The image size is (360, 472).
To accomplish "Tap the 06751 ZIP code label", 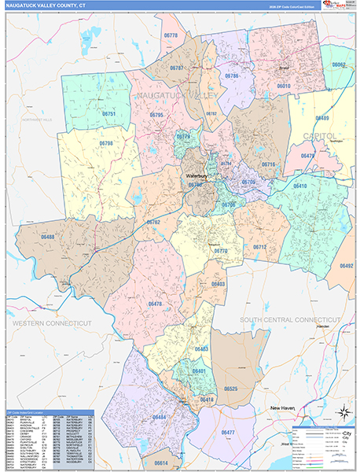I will click(x=108, y=114).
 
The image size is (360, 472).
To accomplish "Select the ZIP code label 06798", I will click(x=106, y=143).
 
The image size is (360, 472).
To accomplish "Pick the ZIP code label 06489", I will click(x=322, y=118).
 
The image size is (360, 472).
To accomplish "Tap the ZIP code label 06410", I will click(x=300, y=186).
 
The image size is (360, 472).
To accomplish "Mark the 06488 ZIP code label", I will click(x=49, y=237).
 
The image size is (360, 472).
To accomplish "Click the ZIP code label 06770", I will click(x=221, y=251).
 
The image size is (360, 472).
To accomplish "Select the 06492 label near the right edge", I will click(x=346, y=266).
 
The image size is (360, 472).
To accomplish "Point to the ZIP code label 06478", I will click(x=154, y=304).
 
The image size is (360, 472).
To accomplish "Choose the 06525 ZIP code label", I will click(x=230, y=389).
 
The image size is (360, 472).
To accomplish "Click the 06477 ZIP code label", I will click(x=229, y=433).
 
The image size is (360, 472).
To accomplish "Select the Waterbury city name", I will click(x=194, y=176).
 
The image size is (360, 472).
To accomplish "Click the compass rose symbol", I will click(x=343, y=413).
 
